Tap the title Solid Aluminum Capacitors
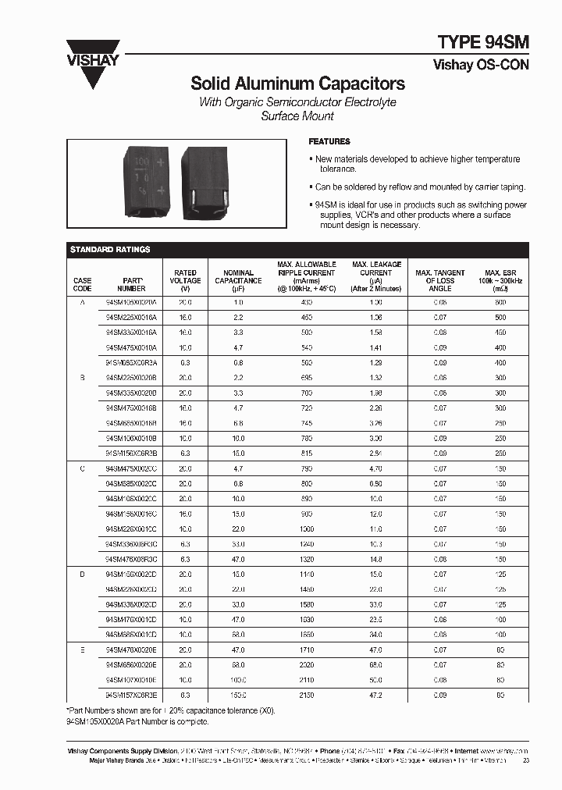[298, 84]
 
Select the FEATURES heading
[329, 141]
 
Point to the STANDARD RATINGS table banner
[110, 249]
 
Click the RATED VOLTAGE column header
[185, 276]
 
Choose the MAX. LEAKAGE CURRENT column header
[376, 276]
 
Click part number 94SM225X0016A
[131, 318]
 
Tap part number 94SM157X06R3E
[131, 694]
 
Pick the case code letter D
[82, 574]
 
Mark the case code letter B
[82, 377]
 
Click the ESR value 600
[500, 301]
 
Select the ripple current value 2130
[306, 694]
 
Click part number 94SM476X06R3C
[131, 559]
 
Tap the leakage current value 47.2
[375, 694]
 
